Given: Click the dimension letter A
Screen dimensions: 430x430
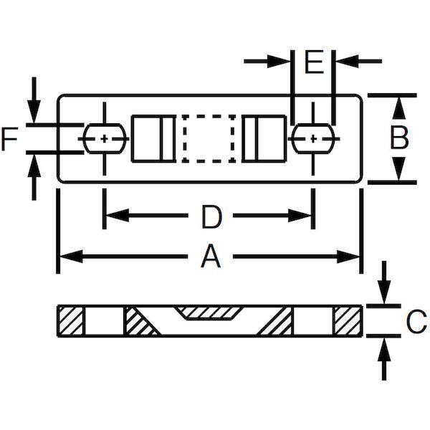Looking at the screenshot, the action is point(210,257).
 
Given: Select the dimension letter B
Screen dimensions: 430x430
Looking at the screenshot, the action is point(400,138).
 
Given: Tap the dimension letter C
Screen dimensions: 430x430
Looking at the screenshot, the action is point(416,321).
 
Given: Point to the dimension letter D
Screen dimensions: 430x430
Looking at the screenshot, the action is point(211,217).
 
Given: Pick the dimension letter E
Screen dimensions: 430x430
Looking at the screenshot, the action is point(314,62).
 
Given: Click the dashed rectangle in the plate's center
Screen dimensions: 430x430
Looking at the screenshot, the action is point(209,138).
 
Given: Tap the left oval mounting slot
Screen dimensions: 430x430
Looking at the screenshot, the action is point(105,138).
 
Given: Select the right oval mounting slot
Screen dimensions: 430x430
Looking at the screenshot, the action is point(313,138).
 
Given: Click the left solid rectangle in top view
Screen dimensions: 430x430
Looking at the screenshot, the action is point(153,138).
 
